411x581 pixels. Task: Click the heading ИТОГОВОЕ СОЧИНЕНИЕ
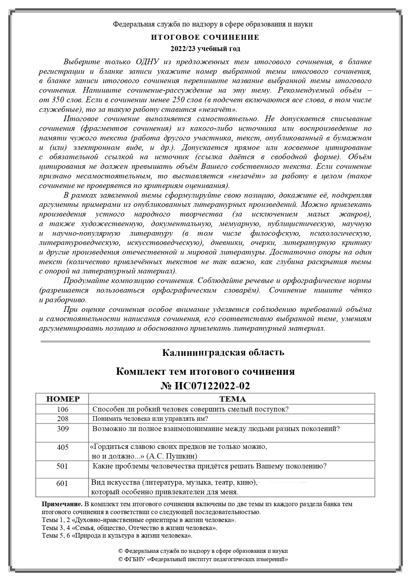(x=205, y=37)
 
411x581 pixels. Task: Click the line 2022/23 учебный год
(x=205, y=49)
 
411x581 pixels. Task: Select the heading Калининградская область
(x=223, y=352)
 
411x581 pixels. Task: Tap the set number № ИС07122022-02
(x=205, y=386)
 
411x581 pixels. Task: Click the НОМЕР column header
(x=63, y=399)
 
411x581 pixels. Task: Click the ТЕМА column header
(x=232, y=399)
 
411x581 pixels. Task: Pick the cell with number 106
(x=63, y=409)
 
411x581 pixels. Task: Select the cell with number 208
(x=63, y=418)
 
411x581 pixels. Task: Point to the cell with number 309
(x=63, y=429)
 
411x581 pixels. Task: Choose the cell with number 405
(x=63, y=447)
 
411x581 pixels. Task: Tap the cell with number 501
(x=63, y=466)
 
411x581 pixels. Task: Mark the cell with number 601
(x=63, y=483)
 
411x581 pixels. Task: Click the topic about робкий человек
(x=190, y=409)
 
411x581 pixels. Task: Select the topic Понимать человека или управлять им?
(x=150, y=418)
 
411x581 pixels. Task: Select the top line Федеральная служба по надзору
(x=213, y=24)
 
